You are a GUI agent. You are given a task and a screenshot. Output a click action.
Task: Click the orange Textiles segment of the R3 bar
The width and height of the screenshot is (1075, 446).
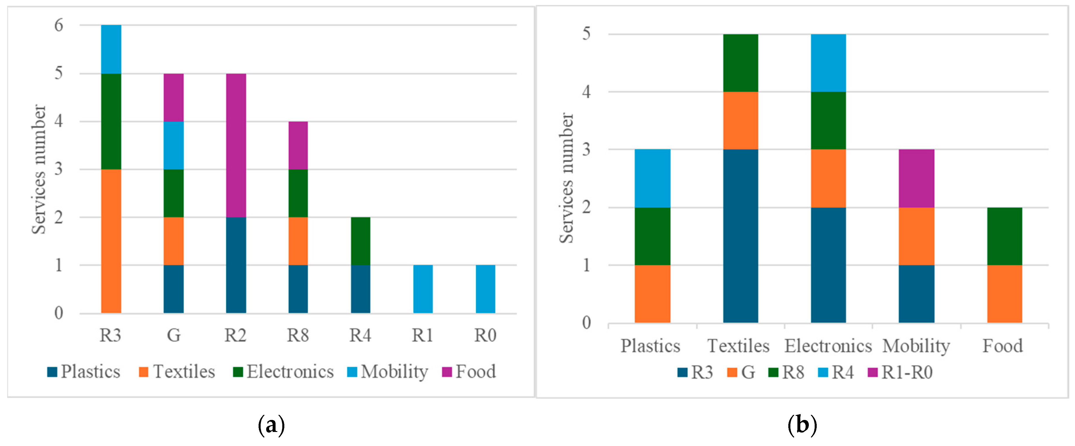click(111, 241)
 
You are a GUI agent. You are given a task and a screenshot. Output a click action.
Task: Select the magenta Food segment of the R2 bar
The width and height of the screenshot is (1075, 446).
click(236, 145)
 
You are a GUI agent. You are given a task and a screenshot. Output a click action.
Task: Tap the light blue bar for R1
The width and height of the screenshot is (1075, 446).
click(423, 289)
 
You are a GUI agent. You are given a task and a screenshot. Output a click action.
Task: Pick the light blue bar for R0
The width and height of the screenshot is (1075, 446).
click(485, 289)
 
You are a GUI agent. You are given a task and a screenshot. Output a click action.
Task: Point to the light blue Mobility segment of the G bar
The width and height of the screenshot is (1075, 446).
click(173, 145)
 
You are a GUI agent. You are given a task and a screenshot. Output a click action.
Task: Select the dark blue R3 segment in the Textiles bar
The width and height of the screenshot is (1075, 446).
click(740, 236)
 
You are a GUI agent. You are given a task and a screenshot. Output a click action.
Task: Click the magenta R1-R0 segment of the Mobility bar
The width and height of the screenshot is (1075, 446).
click(916, 178)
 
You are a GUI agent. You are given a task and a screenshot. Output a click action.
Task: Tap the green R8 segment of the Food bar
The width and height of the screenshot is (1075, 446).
click(1005, 236)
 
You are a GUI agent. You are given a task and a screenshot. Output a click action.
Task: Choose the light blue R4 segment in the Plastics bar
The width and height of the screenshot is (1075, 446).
click(652, 178)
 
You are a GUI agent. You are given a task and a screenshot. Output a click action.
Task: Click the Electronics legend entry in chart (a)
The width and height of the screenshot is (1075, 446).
click(284, 372)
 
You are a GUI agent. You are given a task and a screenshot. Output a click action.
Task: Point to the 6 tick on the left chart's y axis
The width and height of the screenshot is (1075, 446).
click(59, 25)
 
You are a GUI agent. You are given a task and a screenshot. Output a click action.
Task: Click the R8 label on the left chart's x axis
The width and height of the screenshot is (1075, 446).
click(297, 335)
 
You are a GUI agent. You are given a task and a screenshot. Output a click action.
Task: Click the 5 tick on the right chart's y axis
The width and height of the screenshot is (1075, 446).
click(586, 34)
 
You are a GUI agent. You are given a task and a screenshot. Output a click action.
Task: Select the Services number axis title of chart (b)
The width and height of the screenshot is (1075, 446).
click(566, 178)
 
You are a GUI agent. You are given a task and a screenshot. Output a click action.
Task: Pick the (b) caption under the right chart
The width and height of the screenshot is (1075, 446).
click(802, 426)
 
